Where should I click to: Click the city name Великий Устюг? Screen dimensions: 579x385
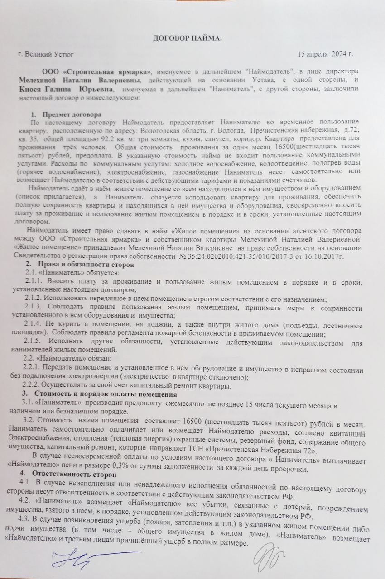pyautogui.click(x=45, y=55)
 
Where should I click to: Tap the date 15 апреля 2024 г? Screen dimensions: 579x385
pyautogui.click(x=324, y=55)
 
